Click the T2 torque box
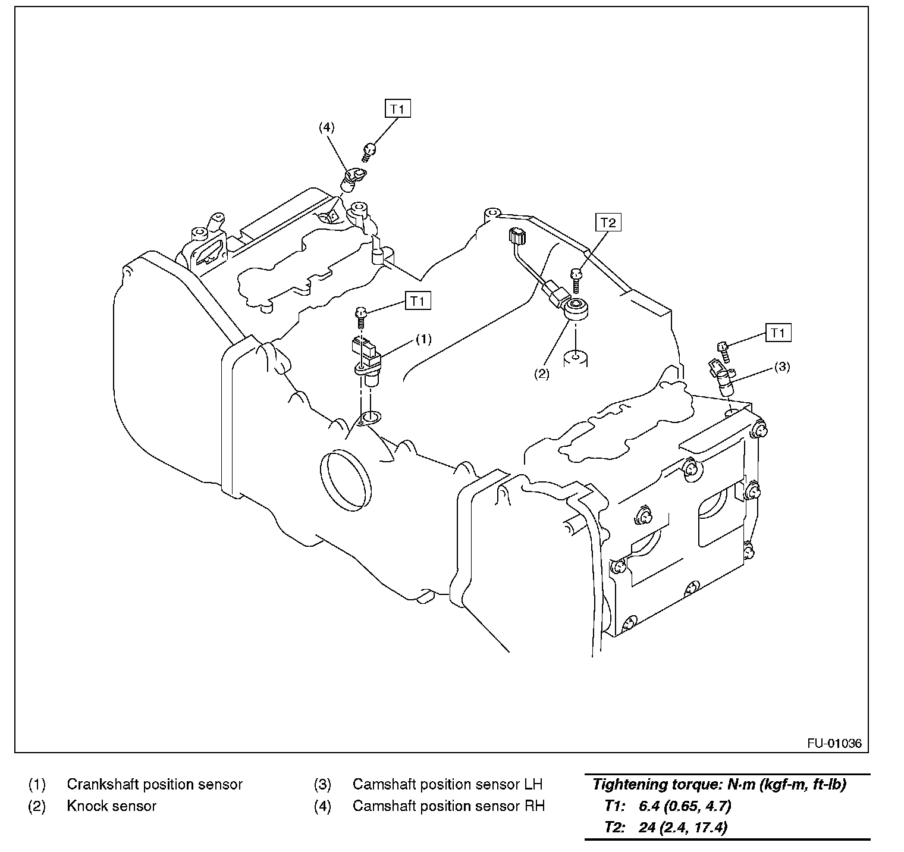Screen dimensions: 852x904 coord(607,223)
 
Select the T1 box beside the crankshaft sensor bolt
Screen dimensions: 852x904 coord(418,301)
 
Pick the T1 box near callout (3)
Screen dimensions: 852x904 coord(778,333)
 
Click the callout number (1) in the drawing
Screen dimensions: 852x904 coord(423,339)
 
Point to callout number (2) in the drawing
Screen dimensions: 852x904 coord(541,374)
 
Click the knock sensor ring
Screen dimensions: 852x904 coord(576,308)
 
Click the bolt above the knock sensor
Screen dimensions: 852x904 coord(576,278)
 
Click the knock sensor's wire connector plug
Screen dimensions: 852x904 coord(516,237)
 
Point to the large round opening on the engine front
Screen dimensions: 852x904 coord(345,480)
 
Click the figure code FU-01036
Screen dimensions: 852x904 coord(834,744)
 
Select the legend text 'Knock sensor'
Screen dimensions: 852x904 coord(111,806)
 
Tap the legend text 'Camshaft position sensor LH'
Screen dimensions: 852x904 coord(447,784)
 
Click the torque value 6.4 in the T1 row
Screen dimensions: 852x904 coord(648,806)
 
